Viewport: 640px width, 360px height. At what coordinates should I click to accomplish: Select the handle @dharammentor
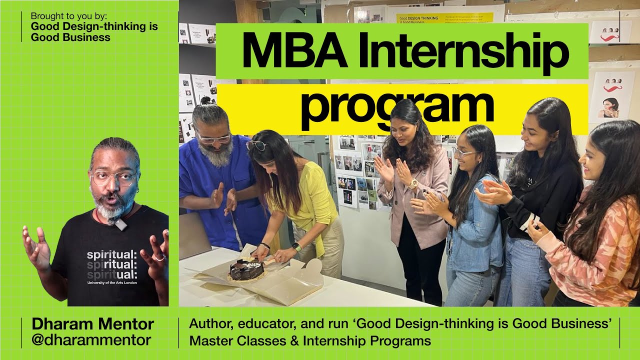(91, 340)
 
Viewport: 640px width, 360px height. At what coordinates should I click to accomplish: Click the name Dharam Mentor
(92, 324)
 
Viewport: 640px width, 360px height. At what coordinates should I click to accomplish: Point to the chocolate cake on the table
(247, 269)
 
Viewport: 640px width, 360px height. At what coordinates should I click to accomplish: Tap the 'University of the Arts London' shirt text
(112, 282)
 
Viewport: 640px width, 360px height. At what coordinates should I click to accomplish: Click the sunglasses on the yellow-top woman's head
(256, 145)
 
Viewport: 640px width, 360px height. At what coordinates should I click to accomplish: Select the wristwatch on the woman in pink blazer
(413, 183)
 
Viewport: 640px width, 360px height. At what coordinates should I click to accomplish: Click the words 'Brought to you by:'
(68, 15)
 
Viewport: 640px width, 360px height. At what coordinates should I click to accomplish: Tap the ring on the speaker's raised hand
(159, 257)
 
